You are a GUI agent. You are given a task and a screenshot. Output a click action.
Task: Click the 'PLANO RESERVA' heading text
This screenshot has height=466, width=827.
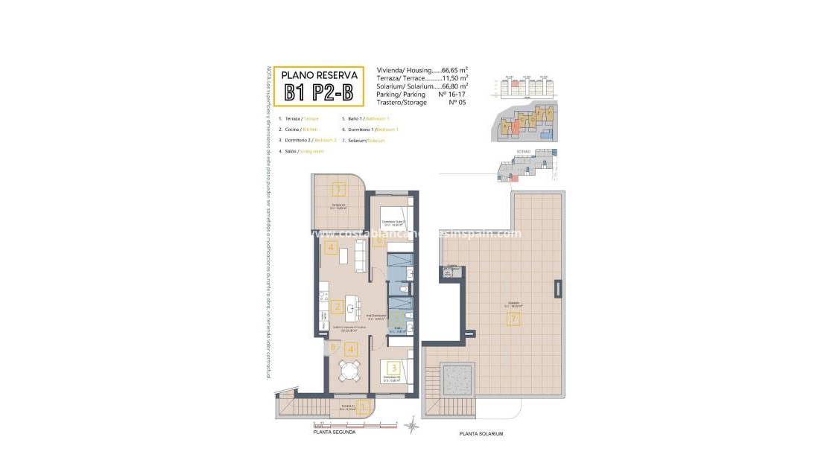(320, 75)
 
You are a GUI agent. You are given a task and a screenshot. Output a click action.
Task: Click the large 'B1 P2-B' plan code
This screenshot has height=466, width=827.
(320, 92)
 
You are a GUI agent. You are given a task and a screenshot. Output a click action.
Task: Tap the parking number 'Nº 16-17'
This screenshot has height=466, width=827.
(454, 95)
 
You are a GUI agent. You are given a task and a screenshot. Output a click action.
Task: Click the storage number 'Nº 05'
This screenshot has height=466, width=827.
(458, 103)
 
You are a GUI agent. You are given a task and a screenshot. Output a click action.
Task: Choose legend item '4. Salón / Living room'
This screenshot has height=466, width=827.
(301, 151)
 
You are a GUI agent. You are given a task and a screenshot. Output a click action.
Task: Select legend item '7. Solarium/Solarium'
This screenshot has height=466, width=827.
(363, 140)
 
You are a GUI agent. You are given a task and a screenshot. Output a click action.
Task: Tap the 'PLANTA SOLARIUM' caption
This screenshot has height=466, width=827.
(482, 433)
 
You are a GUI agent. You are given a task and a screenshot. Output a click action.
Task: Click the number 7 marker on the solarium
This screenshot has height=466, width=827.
(513, 319)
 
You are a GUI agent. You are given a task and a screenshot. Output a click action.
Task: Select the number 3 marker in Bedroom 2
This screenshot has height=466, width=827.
(393, 367)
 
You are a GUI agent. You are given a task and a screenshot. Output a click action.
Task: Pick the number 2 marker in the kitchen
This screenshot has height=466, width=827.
(337, 306)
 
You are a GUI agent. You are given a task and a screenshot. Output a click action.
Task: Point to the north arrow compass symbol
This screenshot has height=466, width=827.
(411, 426)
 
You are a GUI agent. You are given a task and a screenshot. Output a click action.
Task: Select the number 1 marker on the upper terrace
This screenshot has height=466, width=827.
(339, 189)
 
